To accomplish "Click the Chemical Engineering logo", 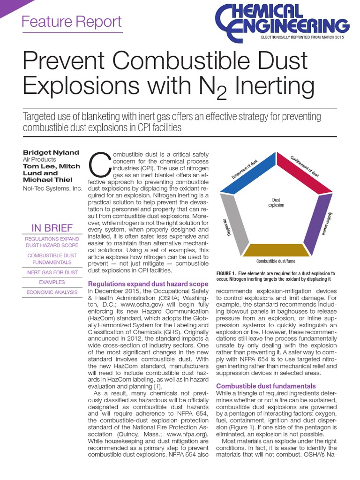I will point(282,21).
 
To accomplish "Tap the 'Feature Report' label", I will point(72,22).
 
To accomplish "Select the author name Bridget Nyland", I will point(51,153).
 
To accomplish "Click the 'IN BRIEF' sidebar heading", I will point(52,228).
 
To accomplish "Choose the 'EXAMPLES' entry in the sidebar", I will point(52,282).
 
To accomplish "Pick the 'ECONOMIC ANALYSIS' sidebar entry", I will point(52,292).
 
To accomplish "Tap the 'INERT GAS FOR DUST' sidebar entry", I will point(52,271).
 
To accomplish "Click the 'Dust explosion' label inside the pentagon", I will point(276,202).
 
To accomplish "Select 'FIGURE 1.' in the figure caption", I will point(227,273).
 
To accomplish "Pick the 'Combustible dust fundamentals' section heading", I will point(266,386).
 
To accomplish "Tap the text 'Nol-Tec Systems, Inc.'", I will point(52,188).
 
